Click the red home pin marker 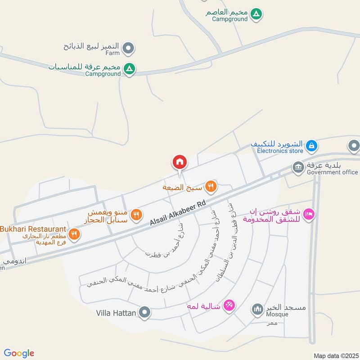tap(179, 162)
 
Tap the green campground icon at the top tap(256, 14)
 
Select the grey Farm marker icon tap(129, 47)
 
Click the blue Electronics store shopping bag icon tap(311, 146)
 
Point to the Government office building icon tap(298, 168)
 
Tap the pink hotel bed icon tap(308, 214)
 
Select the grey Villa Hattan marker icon tap(144, 312)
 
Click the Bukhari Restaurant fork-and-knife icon tap(75, 234)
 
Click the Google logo tap(19, 353)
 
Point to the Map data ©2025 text tap(335, 355)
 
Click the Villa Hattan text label tap(116, 312)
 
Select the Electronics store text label tap(280, 151)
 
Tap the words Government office tap(332, 172)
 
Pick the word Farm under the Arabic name tap(113, 53)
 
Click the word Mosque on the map tap(277, 314)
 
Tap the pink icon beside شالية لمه tap(229, 306)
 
